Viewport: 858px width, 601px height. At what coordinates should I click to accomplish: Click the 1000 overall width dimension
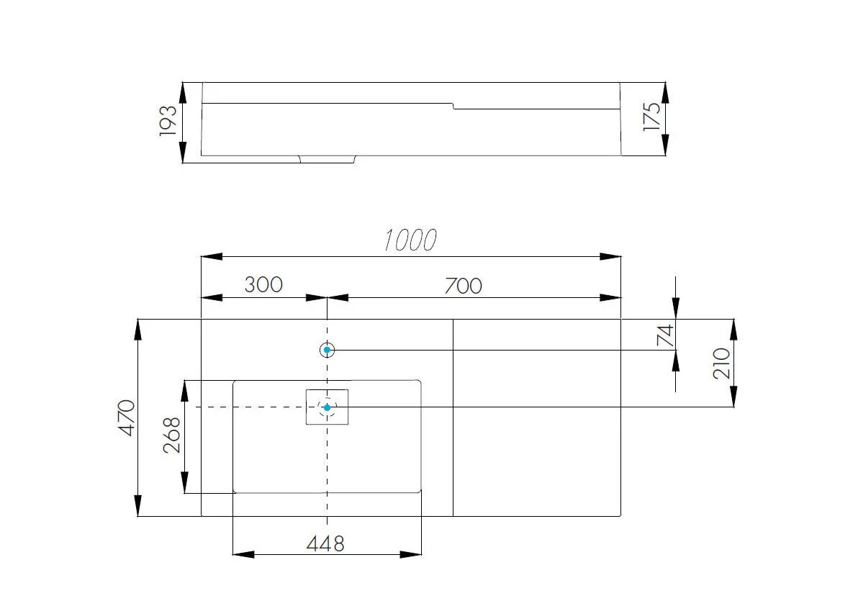tap(410, 240)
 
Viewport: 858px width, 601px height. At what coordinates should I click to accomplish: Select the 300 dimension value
tap(263, 284)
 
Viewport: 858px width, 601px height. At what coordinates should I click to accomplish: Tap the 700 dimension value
tap(463, 286)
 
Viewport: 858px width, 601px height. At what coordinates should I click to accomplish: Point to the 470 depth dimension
tap(127, 417)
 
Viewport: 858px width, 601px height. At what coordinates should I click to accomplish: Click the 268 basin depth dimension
tap(172, 435)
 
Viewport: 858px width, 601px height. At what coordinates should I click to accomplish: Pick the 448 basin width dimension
tap(325, 544)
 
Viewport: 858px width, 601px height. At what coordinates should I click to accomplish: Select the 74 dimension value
tap(665, 335)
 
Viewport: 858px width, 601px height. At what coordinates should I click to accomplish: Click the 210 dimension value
tap(722, 363)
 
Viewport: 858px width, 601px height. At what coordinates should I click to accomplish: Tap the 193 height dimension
tap(168, 121)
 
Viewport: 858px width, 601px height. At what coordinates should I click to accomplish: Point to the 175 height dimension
tap(651, 116)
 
